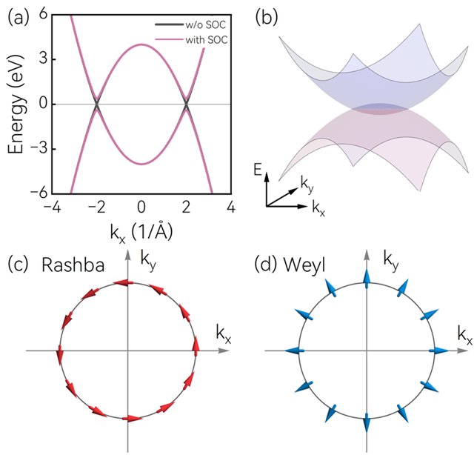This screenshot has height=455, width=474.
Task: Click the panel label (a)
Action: coord(18,18)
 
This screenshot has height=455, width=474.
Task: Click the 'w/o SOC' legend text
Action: coord(206,24)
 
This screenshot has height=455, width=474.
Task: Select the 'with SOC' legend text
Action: coord(207,39)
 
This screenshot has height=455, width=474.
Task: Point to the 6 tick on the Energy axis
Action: coord(44,14)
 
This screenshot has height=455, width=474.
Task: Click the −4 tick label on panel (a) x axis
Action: coord(52,207)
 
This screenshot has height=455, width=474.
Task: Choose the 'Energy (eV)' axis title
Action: coord(16,104)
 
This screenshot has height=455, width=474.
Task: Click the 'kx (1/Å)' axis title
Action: coord(141,233)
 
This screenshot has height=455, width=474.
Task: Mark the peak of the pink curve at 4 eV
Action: coord(141,44)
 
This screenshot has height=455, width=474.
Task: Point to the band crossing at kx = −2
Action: coord(97,104)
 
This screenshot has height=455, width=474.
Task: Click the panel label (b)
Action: coord(267,18)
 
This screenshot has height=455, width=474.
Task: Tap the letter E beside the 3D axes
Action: coord(258,170)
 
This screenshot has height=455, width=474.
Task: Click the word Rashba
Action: coord(73,265)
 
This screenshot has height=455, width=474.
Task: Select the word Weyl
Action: coord(304,265)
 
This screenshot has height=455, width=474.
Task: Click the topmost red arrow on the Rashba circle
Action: coord(123,282)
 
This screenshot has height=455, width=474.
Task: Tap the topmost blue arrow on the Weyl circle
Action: coord(367,279)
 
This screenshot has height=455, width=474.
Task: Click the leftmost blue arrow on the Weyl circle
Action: coord(295,351)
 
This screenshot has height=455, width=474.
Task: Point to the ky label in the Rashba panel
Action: coord(148,261)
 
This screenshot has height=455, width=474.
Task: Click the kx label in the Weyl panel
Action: coord(465,335)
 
